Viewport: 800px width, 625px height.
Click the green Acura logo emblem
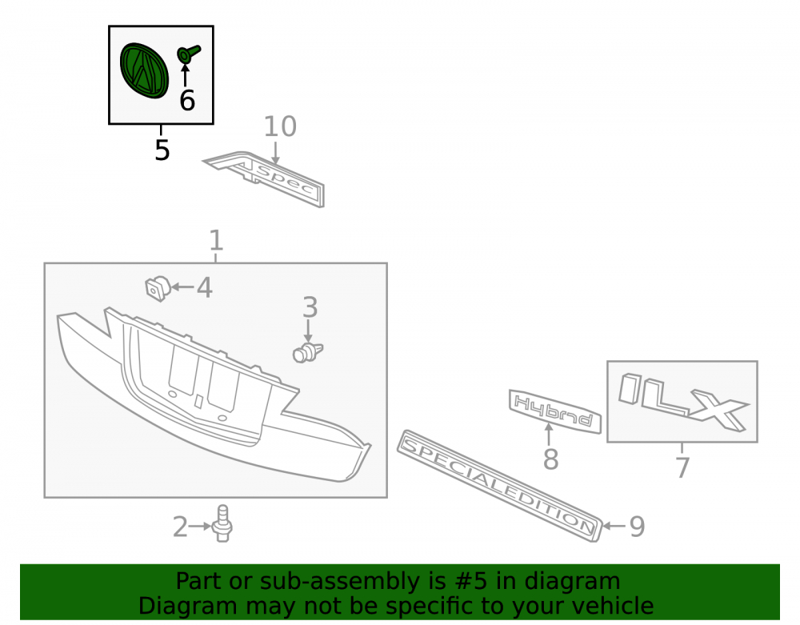pos(143,70)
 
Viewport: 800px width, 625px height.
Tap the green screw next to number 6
pos(188,54)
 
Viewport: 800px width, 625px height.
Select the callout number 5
pos(162,150)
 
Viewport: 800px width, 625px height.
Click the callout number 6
pos(187,100)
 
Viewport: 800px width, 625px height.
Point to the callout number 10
pos(280,126)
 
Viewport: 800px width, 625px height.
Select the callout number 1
pos(216,240)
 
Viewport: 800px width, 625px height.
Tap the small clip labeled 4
pos(157,288)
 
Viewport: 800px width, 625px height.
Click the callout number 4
pos(205,288)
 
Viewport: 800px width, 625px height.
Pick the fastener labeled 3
pos(308,353)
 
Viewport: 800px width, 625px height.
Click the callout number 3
pos(310,307)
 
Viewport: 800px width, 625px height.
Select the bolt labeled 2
pos(222,523)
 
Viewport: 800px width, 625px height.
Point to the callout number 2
pos(180,527)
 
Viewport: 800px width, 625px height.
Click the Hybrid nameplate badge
pos(555,411)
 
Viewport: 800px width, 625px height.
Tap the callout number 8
pos(550,459)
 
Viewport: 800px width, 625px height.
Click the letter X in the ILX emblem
pos(718,410)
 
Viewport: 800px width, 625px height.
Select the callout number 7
pos(682,467)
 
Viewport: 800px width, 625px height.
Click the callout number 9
pos(637,526)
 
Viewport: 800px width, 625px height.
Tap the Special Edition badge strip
pos(499,486)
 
